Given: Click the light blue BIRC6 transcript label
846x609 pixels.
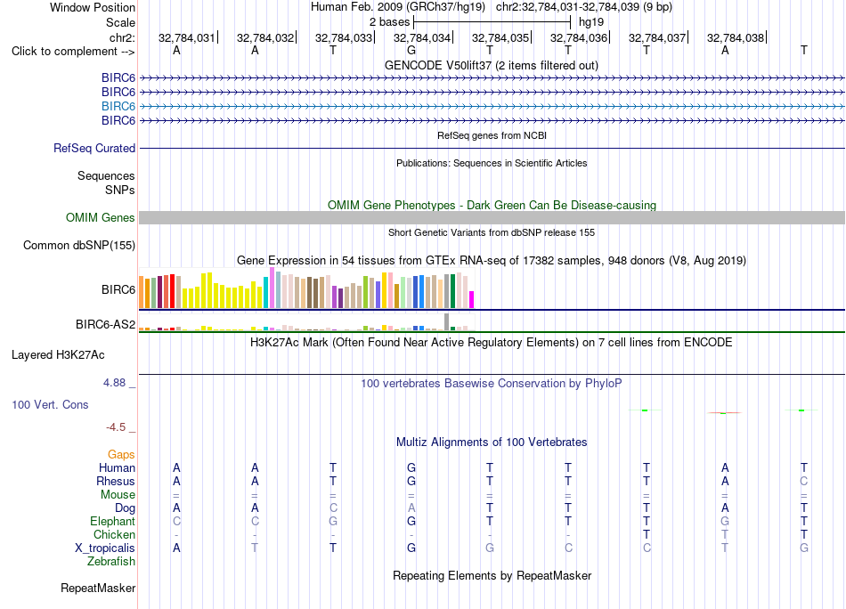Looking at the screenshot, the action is coord(118,106).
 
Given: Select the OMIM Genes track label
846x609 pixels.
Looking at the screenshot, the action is coord(101,217).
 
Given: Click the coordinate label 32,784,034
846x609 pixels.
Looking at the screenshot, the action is coord(422,37).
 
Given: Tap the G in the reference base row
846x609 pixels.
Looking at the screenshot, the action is coord(411,50).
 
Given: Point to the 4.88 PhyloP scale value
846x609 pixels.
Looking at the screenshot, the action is coord(114,383).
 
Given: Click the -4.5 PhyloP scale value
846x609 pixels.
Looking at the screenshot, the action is coord(116,427).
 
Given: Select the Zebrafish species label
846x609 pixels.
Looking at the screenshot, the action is coord(111,561).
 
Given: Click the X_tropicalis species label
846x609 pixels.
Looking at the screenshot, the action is coord(105,548).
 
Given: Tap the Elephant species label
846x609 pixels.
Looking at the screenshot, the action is coord(113,521).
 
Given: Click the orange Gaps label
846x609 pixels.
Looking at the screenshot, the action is coord(121,454).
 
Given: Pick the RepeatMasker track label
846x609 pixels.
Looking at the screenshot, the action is coord(98,588).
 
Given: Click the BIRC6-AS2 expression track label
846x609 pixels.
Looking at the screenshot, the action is coord(105,324).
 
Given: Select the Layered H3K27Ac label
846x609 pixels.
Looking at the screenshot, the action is coord(58,355).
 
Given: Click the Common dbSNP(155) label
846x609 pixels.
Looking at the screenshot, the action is coord(79,246).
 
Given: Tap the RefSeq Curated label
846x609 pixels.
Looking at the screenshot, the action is coord(94,149).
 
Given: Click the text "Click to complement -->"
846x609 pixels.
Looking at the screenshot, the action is coord(73,52).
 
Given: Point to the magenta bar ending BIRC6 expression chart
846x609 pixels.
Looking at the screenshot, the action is coord(472,300).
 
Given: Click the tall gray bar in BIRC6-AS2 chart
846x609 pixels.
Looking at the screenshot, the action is coord(446,321).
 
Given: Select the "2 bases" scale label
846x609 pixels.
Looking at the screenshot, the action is coord(389,22).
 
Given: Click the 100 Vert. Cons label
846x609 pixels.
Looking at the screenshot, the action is coord(50,404).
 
